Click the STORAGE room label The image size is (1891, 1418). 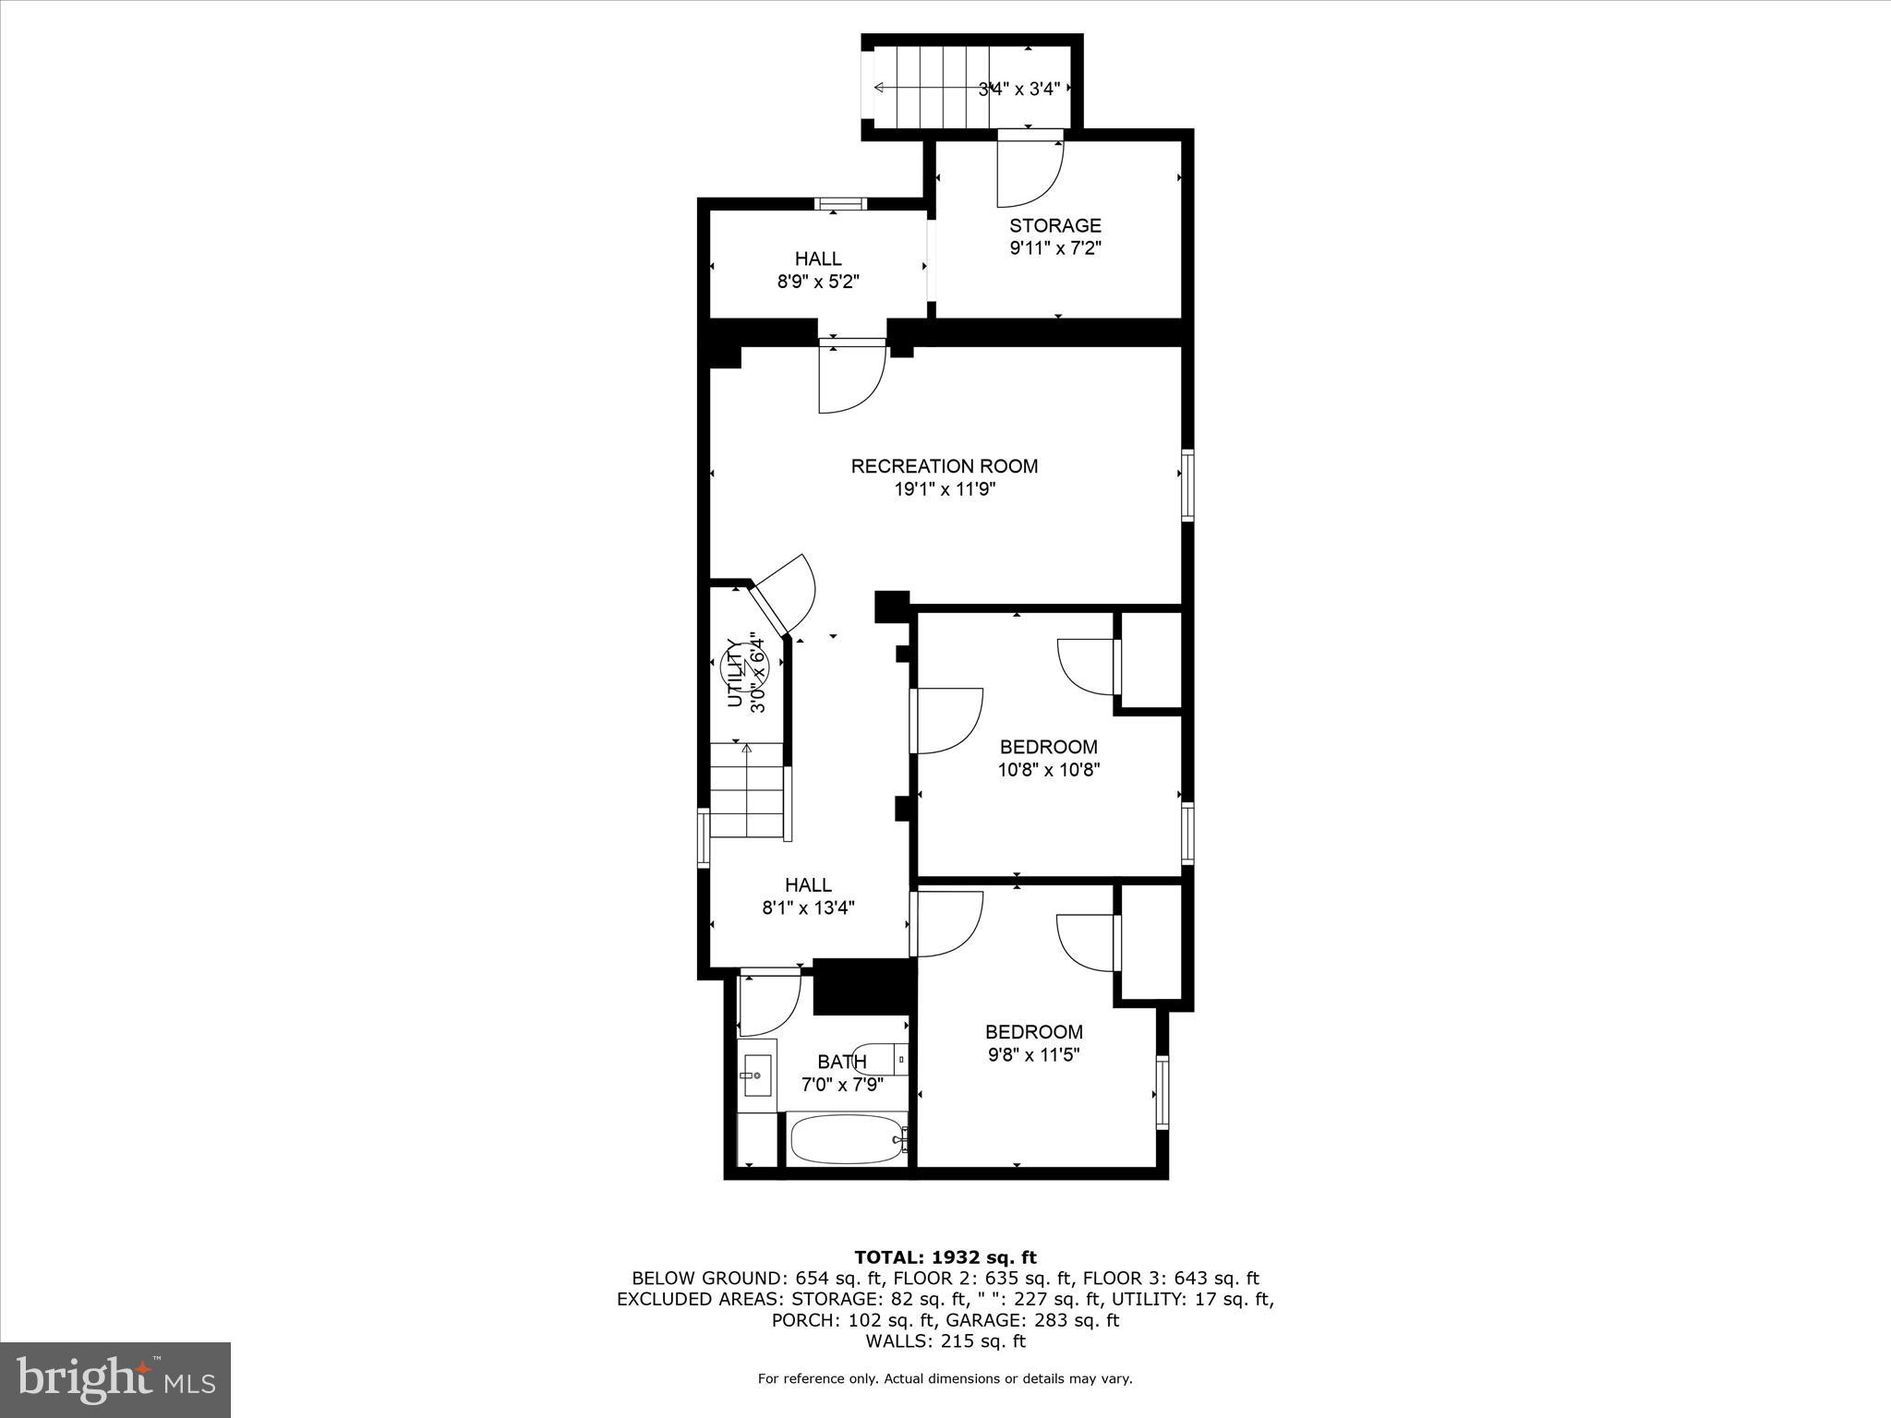[1054, 225]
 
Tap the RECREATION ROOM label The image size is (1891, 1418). [944, 466]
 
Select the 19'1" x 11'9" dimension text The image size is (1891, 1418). [944, 489]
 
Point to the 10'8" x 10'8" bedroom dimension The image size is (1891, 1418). [1049, 769]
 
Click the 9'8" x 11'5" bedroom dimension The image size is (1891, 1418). [1033, 1054]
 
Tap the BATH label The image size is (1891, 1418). [841, 1062]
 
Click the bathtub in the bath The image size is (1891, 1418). [846, 1139]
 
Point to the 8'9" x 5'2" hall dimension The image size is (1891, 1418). [818, 282]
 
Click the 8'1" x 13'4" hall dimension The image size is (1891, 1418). [808, 907]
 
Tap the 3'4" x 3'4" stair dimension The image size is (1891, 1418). [1018, 90]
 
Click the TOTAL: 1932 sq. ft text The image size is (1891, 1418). [945, 1257]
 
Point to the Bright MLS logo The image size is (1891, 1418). [115, 1379]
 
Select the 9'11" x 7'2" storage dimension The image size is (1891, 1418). [1054, 248]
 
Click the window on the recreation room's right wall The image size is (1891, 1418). [1186, 486]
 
